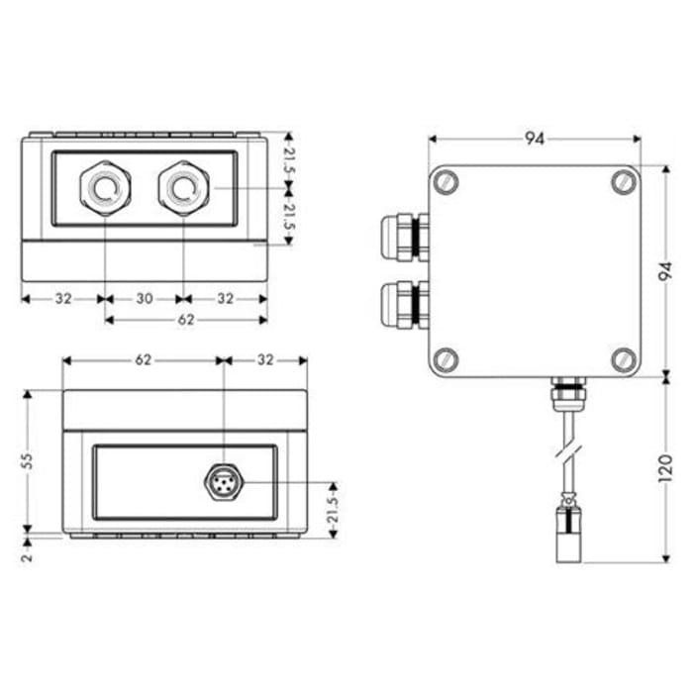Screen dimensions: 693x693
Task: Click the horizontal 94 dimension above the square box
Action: click(x=535, y=139)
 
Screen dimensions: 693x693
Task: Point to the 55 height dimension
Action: click(x=29, y=460)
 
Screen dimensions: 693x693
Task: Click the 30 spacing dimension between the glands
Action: click(x=144, y=297)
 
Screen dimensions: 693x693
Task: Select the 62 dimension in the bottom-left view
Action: click(x=144, y=360)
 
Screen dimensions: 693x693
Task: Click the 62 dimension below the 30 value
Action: click(x=185, y=320)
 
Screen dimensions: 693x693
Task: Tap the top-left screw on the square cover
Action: click(x=446, y=182)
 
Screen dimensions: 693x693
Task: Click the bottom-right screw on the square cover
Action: click(x=622, y=358)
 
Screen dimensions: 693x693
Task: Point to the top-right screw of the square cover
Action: click(x=622, y=182)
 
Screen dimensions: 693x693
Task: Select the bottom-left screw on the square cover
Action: click(x=446, y=358)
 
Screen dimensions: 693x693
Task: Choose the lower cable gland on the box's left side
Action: click(x=403, y=304)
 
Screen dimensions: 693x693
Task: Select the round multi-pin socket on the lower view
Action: click(x=224, y=483)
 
